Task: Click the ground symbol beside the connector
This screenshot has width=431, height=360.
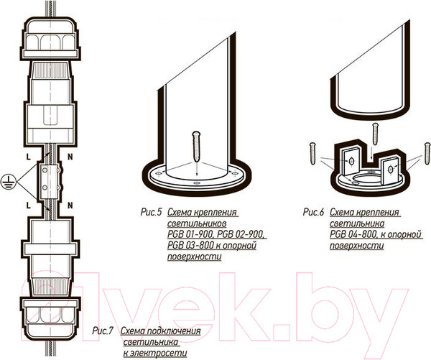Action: (x=9, y=182)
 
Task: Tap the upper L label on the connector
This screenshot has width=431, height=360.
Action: (x=28, y=157)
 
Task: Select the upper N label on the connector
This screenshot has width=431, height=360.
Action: (x=70, y=157)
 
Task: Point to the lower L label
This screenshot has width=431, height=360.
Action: (x=28, y=206)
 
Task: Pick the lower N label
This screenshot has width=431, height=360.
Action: (x=70, y=206)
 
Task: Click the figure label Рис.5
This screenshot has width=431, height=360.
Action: (x=152, y=212)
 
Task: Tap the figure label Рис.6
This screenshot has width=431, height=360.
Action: (x=314, y=212)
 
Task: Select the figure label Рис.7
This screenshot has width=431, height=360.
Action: (x=103, y=331)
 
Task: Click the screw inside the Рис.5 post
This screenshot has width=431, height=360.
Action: (x=197, y=147)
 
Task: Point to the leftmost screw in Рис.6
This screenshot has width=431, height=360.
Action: (x=312, y=154)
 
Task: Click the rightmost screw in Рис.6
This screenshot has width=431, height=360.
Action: (x=427, y=154)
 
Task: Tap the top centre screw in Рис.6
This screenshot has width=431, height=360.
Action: (x=375, y=134)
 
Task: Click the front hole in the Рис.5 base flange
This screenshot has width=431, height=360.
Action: (x=197, y=183)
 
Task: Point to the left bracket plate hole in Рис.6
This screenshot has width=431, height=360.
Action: (x=351, y=162)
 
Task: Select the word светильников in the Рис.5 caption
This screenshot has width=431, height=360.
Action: (x=197, y=223)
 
